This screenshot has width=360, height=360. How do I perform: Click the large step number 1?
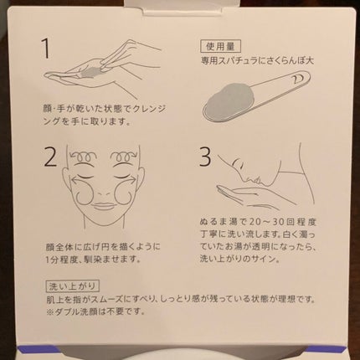pyautogui.click(x=46, y=49)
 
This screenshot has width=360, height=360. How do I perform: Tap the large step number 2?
pyautogui.click(x=51, y=157)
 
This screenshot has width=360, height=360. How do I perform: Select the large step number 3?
pyautogui.click(x=205, y=157)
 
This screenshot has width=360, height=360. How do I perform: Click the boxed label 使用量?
pyautogui.click(x=220, y=46)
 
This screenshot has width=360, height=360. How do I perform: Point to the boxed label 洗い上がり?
pyautogui.click(x=72, y=285)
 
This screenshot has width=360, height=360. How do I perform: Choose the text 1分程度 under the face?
pyautogui.click(x=59, y=260)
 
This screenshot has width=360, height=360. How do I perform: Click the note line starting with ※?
pyautogui.click(x=95, y=311)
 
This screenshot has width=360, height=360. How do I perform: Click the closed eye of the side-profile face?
pyautogui.click(x=236, y=162)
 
